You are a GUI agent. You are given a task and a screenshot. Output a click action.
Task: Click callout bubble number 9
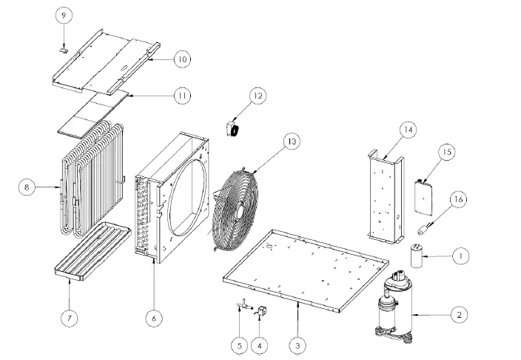click(x=63, y=15)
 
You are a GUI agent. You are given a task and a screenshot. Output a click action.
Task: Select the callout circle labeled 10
click(x=182, y=59)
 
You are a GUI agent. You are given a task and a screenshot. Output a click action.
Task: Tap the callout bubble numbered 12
click(x=256, y=96)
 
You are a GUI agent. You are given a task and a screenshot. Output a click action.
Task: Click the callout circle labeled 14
click(x=408, y=129)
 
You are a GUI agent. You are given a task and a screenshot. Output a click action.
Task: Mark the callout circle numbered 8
click(x=27, y=187)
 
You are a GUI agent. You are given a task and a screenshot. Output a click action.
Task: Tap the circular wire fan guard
click(x=238, y=205)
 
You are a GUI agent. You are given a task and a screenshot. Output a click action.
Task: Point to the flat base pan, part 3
click(x=303, y=267)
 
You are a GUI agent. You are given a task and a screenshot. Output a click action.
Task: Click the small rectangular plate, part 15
click(x=424, y=191)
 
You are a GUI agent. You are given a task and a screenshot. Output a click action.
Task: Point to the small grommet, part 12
click(x=232, y=129)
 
